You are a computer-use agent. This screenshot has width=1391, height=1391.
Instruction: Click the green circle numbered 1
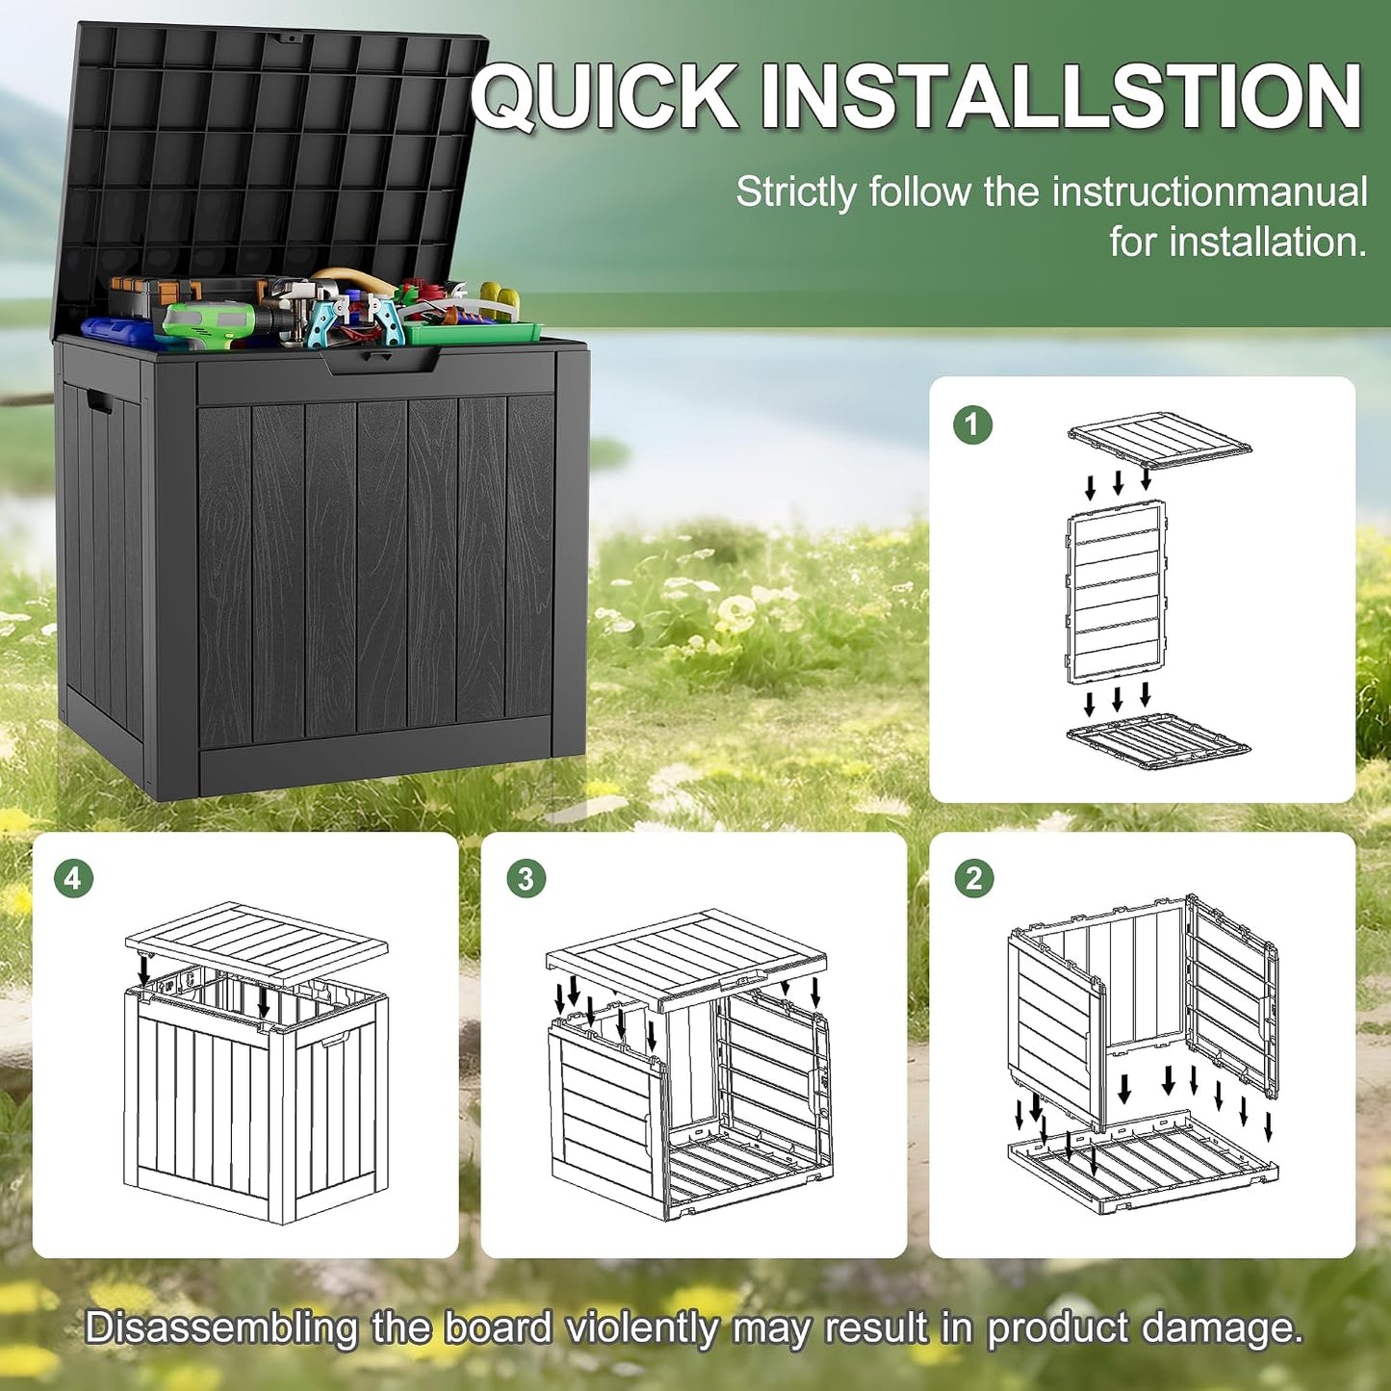[971, 424]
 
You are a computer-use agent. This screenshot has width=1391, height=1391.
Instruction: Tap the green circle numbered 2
[974, 879]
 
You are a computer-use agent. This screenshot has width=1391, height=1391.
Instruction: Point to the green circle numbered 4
[73, 879]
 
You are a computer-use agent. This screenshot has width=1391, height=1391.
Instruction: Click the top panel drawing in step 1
[1159, 441]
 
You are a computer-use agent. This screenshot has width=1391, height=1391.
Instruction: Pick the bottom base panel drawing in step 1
[1159, 741]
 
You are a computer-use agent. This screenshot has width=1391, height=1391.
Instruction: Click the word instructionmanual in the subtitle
[1209, 193]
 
